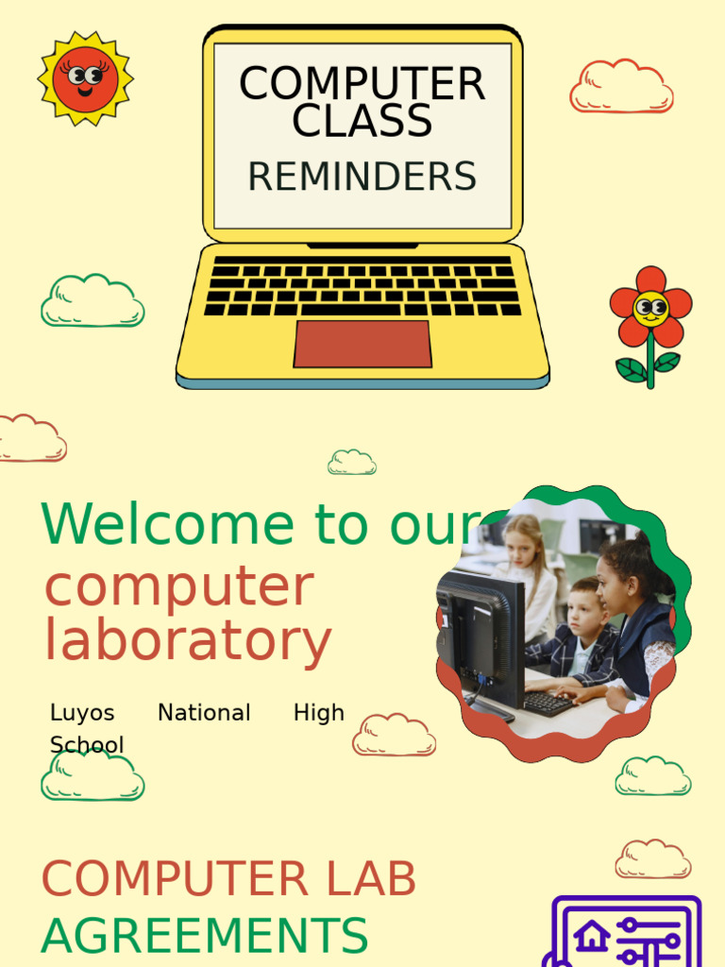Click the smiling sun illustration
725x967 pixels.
point(85,78)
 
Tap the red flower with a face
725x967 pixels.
point(650,307)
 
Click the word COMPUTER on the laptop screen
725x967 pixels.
point(362,84)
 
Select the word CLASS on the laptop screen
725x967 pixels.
point(362,121)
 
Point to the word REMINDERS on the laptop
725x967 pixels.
point(362,177)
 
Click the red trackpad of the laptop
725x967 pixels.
point(362,344)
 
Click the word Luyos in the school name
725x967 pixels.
point(82,713)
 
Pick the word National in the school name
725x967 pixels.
point(204,713)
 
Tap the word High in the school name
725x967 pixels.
point(318,713)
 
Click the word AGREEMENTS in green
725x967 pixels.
point(204,936)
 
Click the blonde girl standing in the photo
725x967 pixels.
point(525,567)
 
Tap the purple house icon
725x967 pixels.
point(592,938)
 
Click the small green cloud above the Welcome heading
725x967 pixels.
point(352,462)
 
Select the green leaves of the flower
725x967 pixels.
point(649,365)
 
